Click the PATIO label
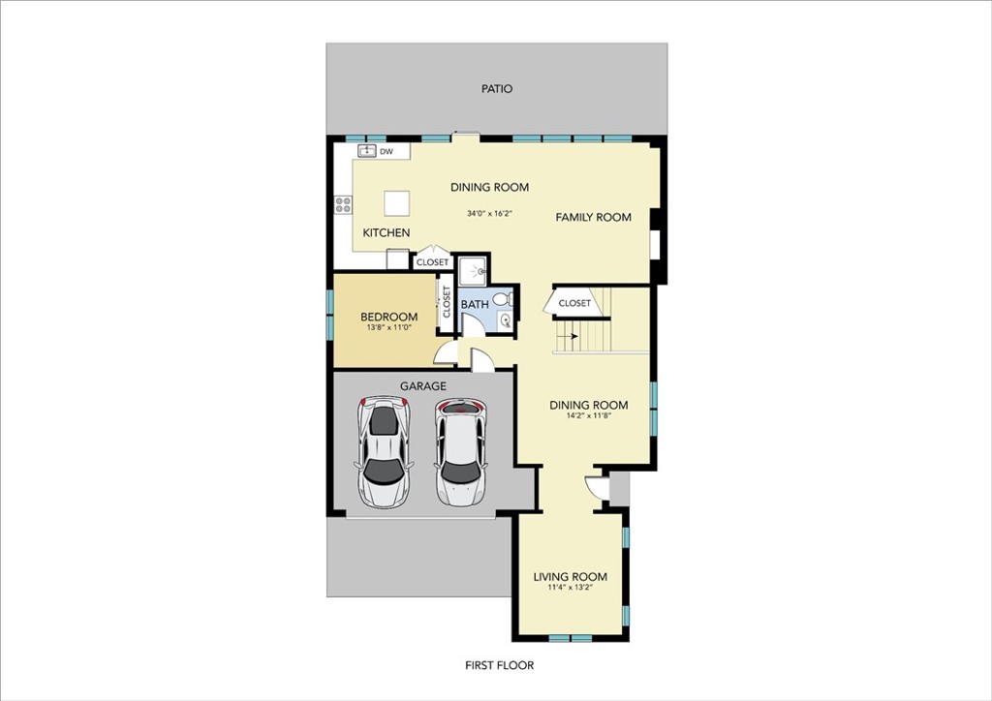pos(497,89)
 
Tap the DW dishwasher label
pos(386,152)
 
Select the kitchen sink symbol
pos(367,150)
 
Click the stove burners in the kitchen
pos(343,204)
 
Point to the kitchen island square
pos(396,203)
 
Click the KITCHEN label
pos(386,232)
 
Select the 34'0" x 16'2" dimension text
pos(489,214)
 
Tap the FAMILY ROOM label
pos(593,218)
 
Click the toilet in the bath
pos(504,297)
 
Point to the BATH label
pos(475,305)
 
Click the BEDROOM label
pos(388,317)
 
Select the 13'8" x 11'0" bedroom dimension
pos(389,328)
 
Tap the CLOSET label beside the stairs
pos(574,303)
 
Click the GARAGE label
pos(422,386)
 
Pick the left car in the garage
pos(384,452)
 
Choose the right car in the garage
pos(461,451)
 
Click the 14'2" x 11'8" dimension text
pos(588,416)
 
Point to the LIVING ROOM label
pos(570,576)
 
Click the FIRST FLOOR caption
pos(499,665)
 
